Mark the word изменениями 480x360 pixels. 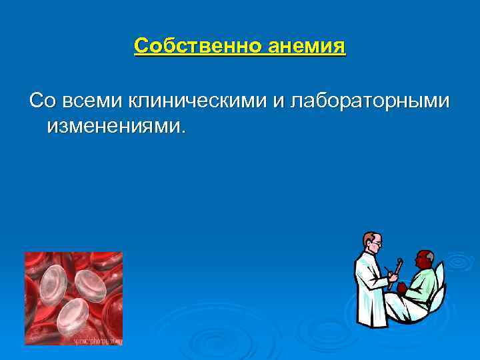[x=113, y=126]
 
